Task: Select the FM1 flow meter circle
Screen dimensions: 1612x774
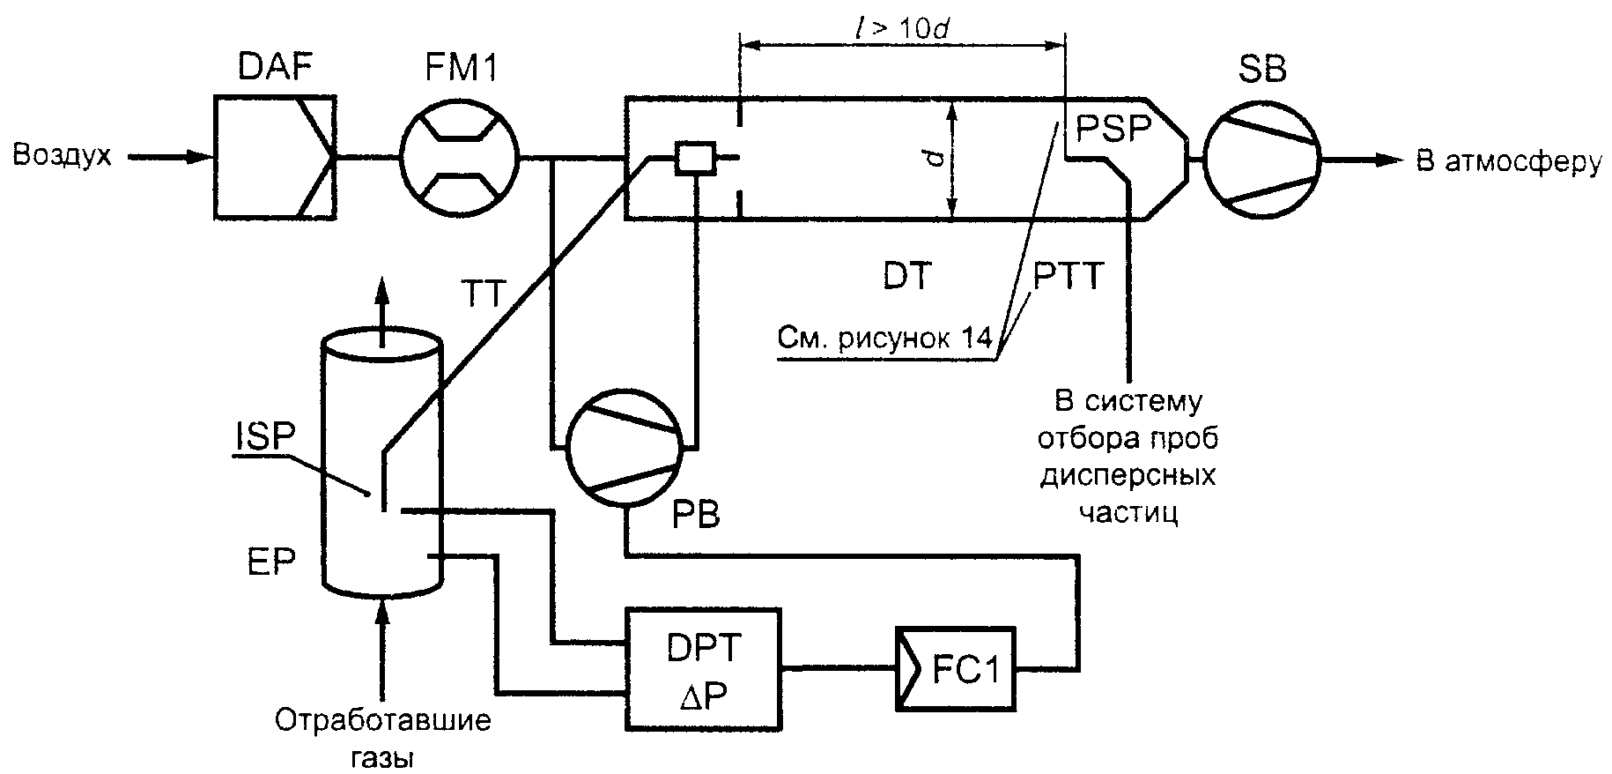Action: click(x=460, y=160)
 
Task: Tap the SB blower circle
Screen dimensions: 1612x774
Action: click(x=1261, y=160)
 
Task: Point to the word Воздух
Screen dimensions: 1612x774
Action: click(x=62, y=156)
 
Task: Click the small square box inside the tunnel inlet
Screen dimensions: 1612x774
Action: click(x=693, y=159)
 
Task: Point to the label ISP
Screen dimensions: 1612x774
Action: click(x=264, y=438)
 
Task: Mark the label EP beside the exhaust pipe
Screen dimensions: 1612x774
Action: click(x=271, y=562)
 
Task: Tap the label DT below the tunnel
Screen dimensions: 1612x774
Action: click(x=906, y=278)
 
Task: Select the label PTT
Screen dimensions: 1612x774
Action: click(x=1068, y=278)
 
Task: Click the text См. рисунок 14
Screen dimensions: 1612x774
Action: click(x=885, y=339)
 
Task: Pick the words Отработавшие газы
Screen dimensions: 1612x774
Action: click(x=382, y=739)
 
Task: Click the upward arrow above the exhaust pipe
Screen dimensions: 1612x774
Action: click(x=382, y=313)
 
